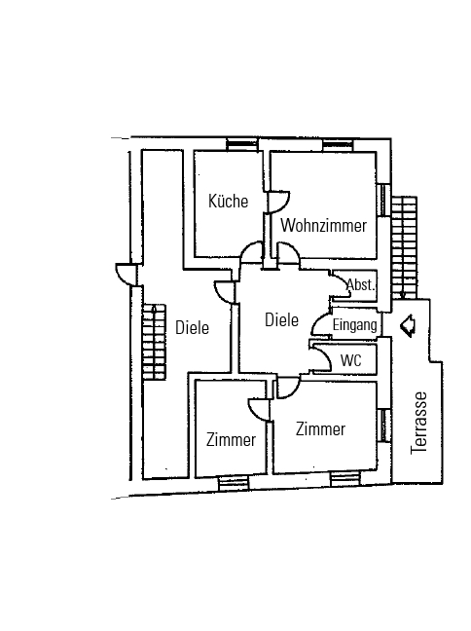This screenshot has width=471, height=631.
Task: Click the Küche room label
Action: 228,201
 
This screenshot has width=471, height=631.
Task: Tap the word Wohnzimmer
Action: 324,225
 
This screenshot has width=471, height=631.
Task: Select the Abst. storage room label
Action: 361,285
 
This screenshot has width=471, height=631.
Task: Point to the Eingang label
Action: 355,325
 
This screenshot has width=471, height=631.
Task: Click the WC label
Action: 351,360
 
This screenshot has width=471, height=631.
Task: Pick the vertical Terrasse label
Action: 418,424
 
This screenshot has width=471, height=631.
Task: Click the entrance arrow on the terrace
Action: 408,325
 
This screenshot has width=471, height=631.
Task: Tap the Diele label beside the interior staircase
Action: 193,327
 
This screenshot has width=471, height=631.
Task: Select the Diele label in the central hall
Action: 281,320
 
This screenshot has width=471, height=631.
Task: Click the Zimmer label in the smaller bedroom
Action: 231,440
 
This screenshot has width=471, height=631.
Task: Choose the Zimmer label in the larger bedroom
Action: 320,429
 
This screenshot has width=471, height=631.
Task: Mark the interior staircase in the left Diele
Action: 154,342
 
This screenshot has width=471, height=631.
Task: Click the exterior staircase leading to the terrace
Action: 404,247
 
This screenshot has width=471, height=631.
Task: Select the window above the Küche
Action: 241,144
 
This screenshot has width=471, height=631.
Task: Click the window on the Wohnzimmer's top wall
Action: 338,145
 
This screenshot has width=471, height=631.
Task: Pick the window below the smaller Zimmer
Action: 234,483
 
